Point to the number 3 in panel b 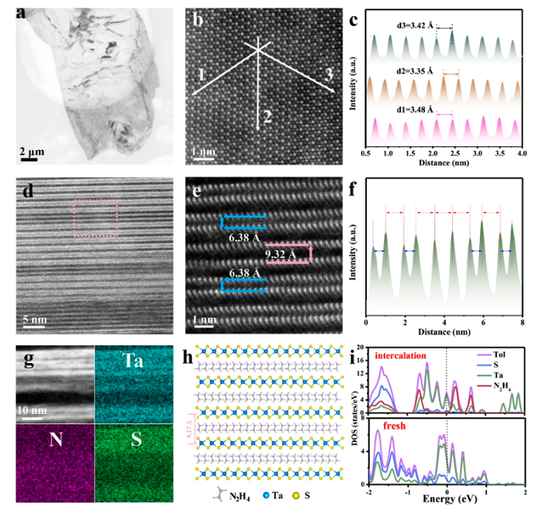[x=329, y=75]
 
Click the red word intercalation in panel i [x=404, y=355]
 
